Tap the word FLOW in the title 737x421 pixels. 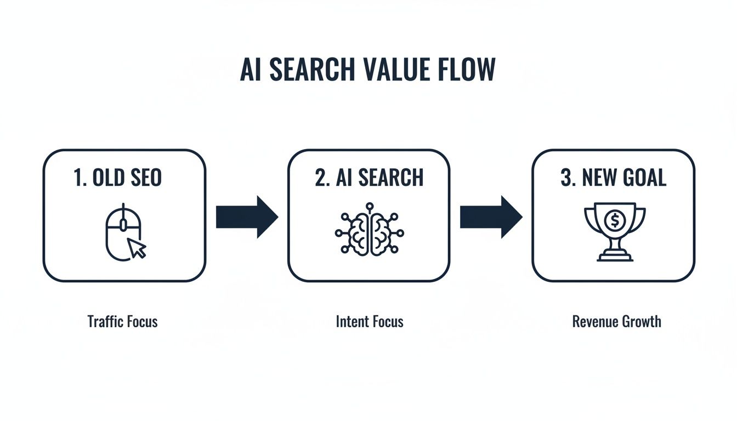pyautogui.click(x=470, y=70)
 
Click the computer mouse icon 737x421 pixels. pyautogui.click(x=122, y=232)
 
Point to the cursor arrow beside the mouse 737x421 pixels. pyautogui.click(x=138, y=248)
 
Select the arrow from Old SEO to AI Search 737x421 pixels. pyautogui.click(x=247, y=218)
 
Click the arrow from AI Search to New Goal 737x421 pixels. pyautogui.click(x=491, y=218)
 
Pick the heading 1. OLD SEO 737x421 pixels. pyautogui.click(x=117, y=178)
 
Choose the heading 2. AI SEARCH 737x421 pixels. pyautogui.click(x=369, y=178)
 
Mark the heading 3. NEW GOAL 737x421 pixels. pyautogui.click(x=613, y=178)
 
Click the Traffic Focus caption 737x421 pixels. pyautogui.click(x=122, y=321)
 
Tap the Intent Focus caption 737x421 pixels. pyautogui.click(x=370, y=321)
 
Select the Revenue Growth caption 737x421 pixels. pyautogui.click(x=616, y=321)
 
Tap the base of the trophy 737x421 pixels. pyautogui.click(x=614, y=257)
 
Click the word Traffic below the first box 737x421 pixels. pyautogui.click(x=104, y=321)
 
